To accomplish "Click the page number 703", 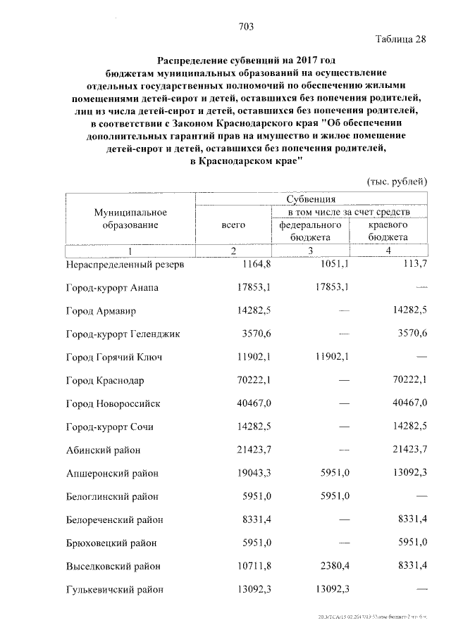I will click(246, 27).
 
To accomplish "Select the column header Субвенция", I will click(311, 200).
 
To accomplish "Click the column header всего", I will click(233, 225).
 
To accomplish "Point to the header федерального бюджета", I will click(310, 231).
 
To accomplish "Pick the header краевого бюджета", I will click(388, 231).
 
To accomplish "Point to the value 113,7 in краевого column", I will click(414, 265).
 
